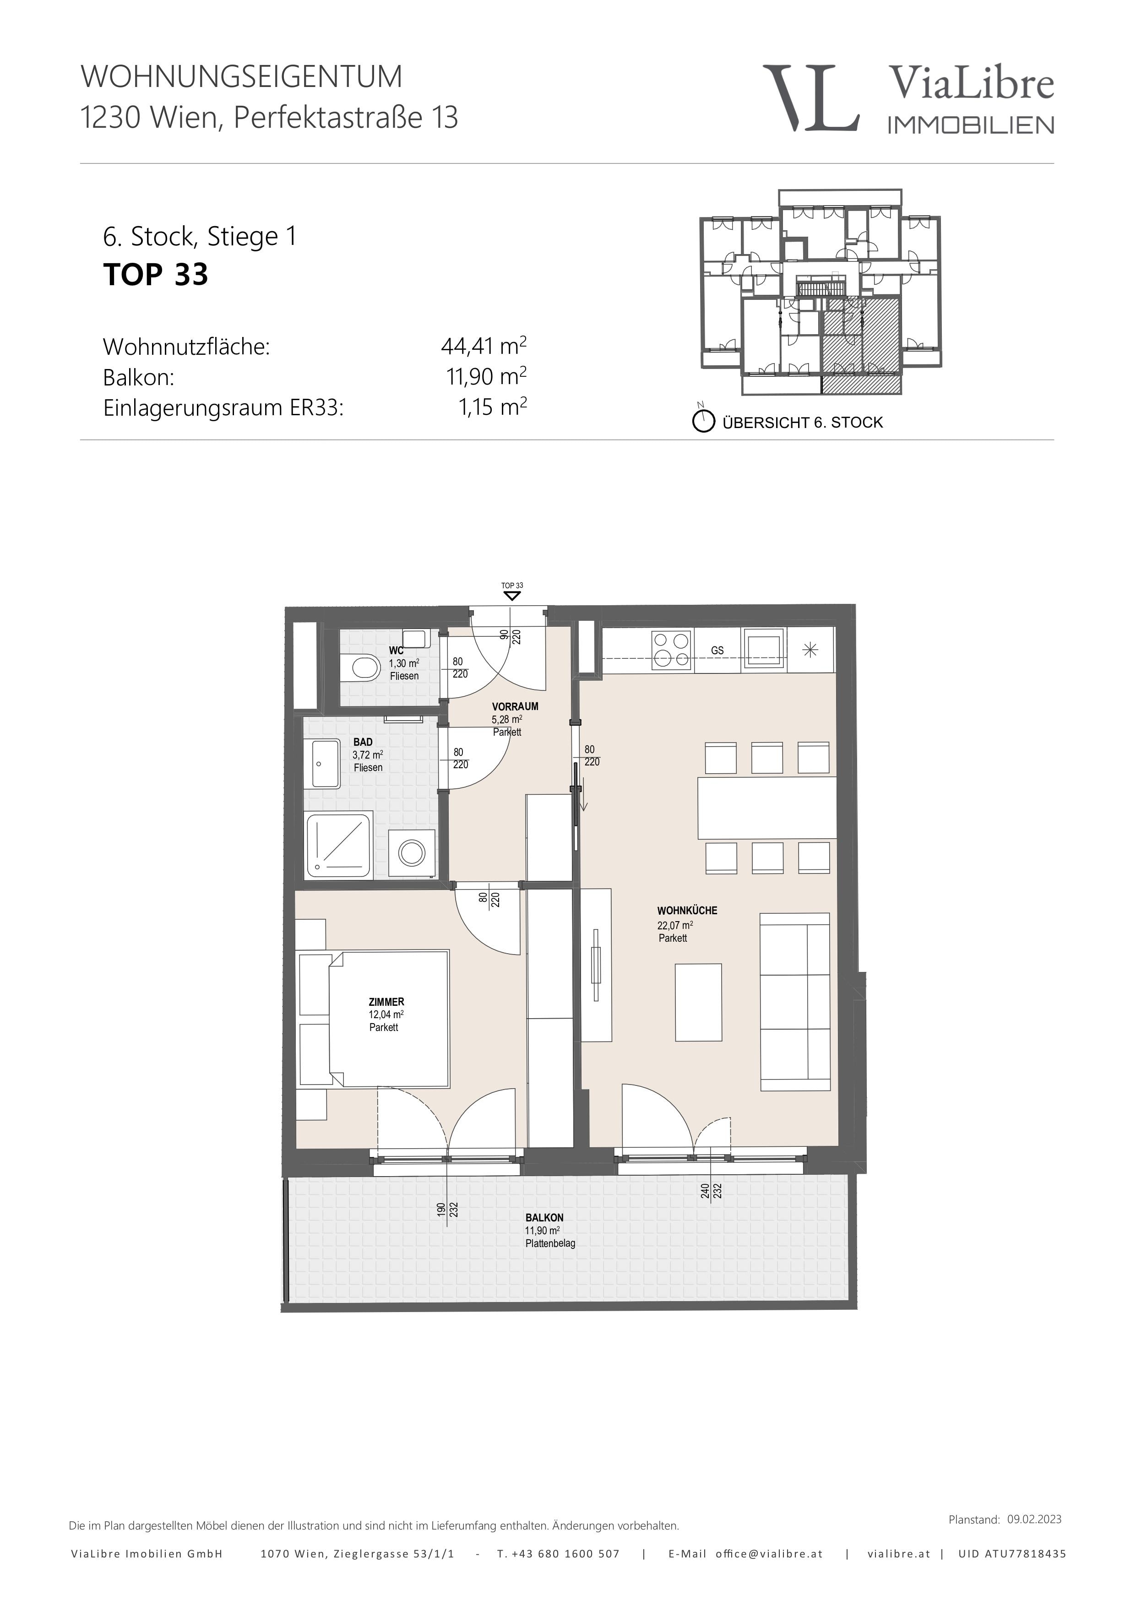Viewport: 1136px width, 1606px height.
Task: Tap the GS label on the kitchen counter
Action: (x=717, y=651)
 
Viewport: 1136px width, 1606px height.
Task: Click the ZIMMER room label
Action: (x=386, y=1002)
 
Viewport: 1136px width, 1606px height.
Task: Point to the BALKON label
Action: (x=544, y=1218)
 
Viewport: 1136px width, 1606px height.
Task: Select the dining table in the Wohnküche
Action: (x=767, y=807)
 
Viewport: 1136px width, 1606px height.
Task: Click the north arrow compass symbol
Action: (x=703, y=420)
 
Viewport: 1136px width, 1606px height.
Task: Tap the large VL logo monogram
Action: (x=811, y=98)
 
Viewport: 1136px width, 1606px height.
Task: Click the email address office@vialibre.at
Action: (x=769, y=1553)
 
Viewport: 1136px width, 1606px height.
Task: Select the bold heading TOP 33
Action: (x=156, y=274)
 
